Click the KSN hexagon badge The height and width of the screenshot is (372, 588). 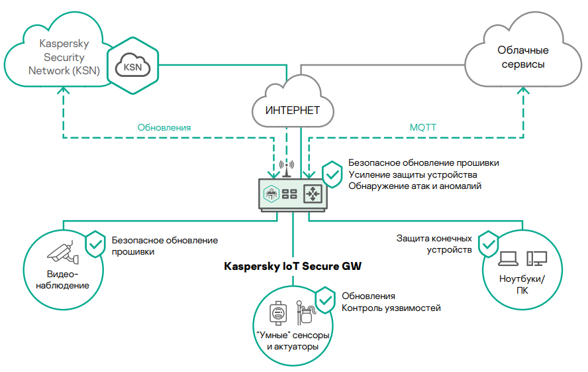click(x=134, y=66)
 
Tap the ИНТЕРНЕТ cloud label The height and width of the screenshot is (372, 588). click(x=292, y=110)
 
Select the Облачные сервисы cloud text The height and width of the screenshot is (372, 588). click(x=522, y=58)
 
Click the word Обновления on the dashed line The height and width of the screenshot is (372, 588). click(x=164, y=127)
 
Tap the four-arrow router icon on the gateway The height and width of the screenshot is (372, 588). click(x=313, y=193)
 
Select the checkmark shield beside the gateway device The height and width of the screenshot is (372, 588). click(x=332, y=174)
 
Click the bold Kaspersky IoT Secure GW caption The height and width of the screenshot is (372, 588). click(x=292, y=267)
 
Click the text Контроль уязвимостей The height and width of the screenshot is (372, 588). click(x=391, y=308)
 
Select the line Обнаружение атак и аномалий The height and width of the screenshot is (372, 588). click(x=415, y=186)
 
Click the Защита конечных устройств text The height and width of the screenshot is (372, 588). click(x=434, y=244)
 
